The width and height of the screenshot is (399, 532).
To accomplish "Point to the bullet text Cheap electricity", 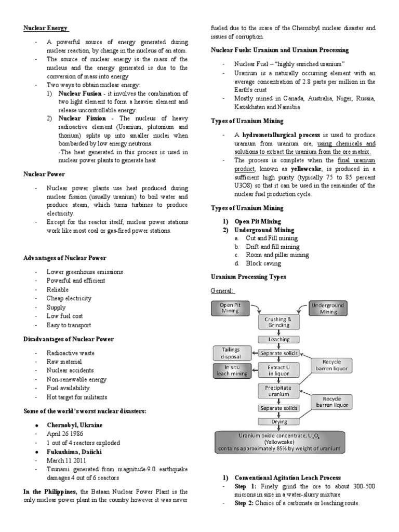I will point(69,298).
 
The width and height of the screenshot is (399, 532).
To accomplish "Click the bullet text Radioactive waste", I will point(70,352).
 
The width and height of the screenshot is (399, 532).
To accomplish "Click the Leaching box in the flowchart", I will point(278,339).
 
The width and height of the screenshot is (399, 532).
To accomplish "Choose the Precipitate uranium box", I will point(278,391).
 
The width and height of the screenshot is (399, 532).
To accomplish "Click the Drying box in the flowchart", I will point(278,421).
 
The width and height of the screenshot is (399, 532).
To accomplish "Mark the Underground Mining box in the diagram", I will point(328,308).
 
